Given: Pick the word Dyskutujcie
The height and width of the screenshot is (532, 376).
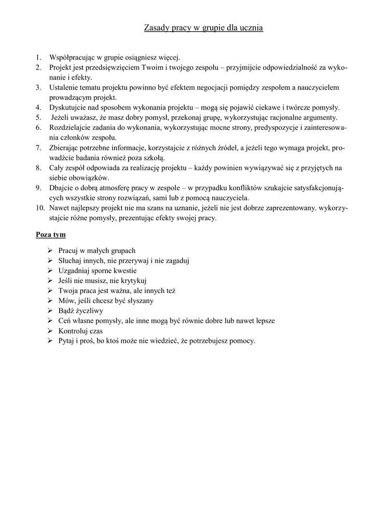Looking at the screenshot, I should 67,108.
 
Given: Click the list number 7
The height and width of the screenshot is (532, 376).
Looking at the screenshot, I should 38,148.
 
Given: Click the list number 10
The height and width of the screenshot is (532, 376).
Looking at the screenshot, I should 40,208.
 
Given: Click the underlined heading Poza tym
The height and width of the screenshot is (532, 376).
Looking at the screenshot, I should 50,234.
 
